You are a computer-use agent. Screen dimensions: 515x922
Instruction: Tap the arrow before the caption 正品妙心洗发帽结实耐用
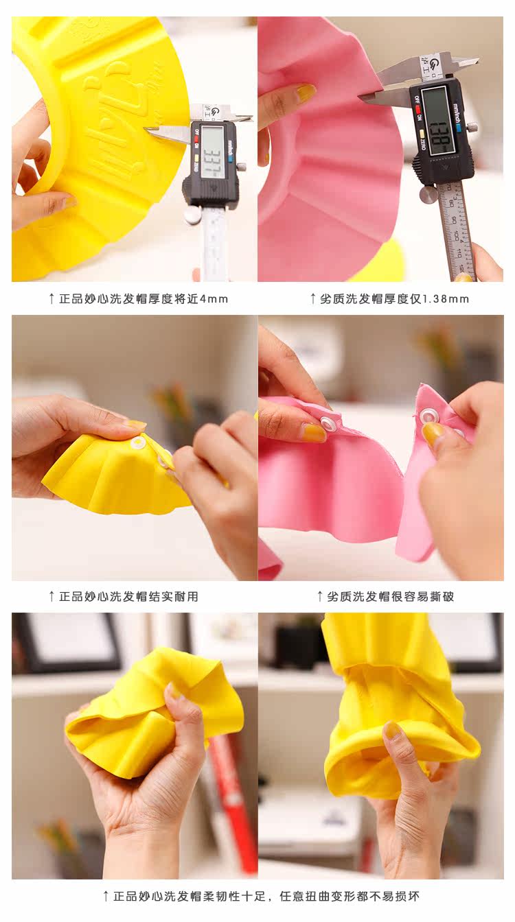(x=51, y=596)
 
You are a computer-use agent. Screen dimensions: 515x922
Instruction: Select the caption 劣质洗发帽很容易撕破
(x=391, y=596)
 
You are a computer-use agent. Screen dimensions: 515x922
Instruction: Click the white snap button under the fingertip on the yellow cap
(x=137, y=443)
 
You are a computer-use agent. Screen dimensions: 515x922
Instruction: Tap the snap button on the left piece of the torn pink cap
(x=328, y=423)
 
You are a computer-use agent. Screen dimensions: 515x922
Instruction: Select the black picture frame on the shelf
(x=67, y=643)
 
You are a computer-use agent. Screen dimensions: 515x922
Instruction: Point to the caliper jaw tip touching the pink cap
(x=361, y=97)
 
